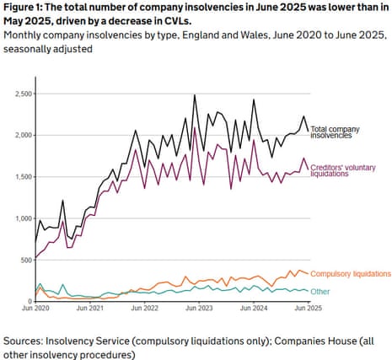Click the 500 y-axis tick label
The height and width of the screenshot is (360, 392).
24,260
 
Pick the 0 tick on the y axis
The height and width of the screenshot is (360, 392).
28,301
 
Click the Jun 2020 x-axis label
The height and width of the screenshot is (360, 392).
35,309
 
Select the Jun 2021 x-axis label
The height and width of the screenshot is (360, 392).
90,309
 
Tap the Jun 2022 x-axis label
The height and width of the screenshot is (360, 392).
144,309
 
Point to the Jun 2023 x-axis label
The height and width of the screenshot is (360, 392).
199,309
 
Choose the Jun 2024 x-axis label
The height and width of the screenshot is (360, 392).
253,309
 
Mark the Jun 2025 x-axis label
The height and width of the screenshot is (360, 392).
307,309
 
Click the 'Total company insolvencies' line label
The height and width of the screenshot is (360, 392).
335,133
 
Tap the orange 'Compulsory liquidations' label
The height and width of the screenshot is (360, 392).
351,274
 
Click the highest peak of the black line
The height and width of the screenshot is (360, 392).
195,95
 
